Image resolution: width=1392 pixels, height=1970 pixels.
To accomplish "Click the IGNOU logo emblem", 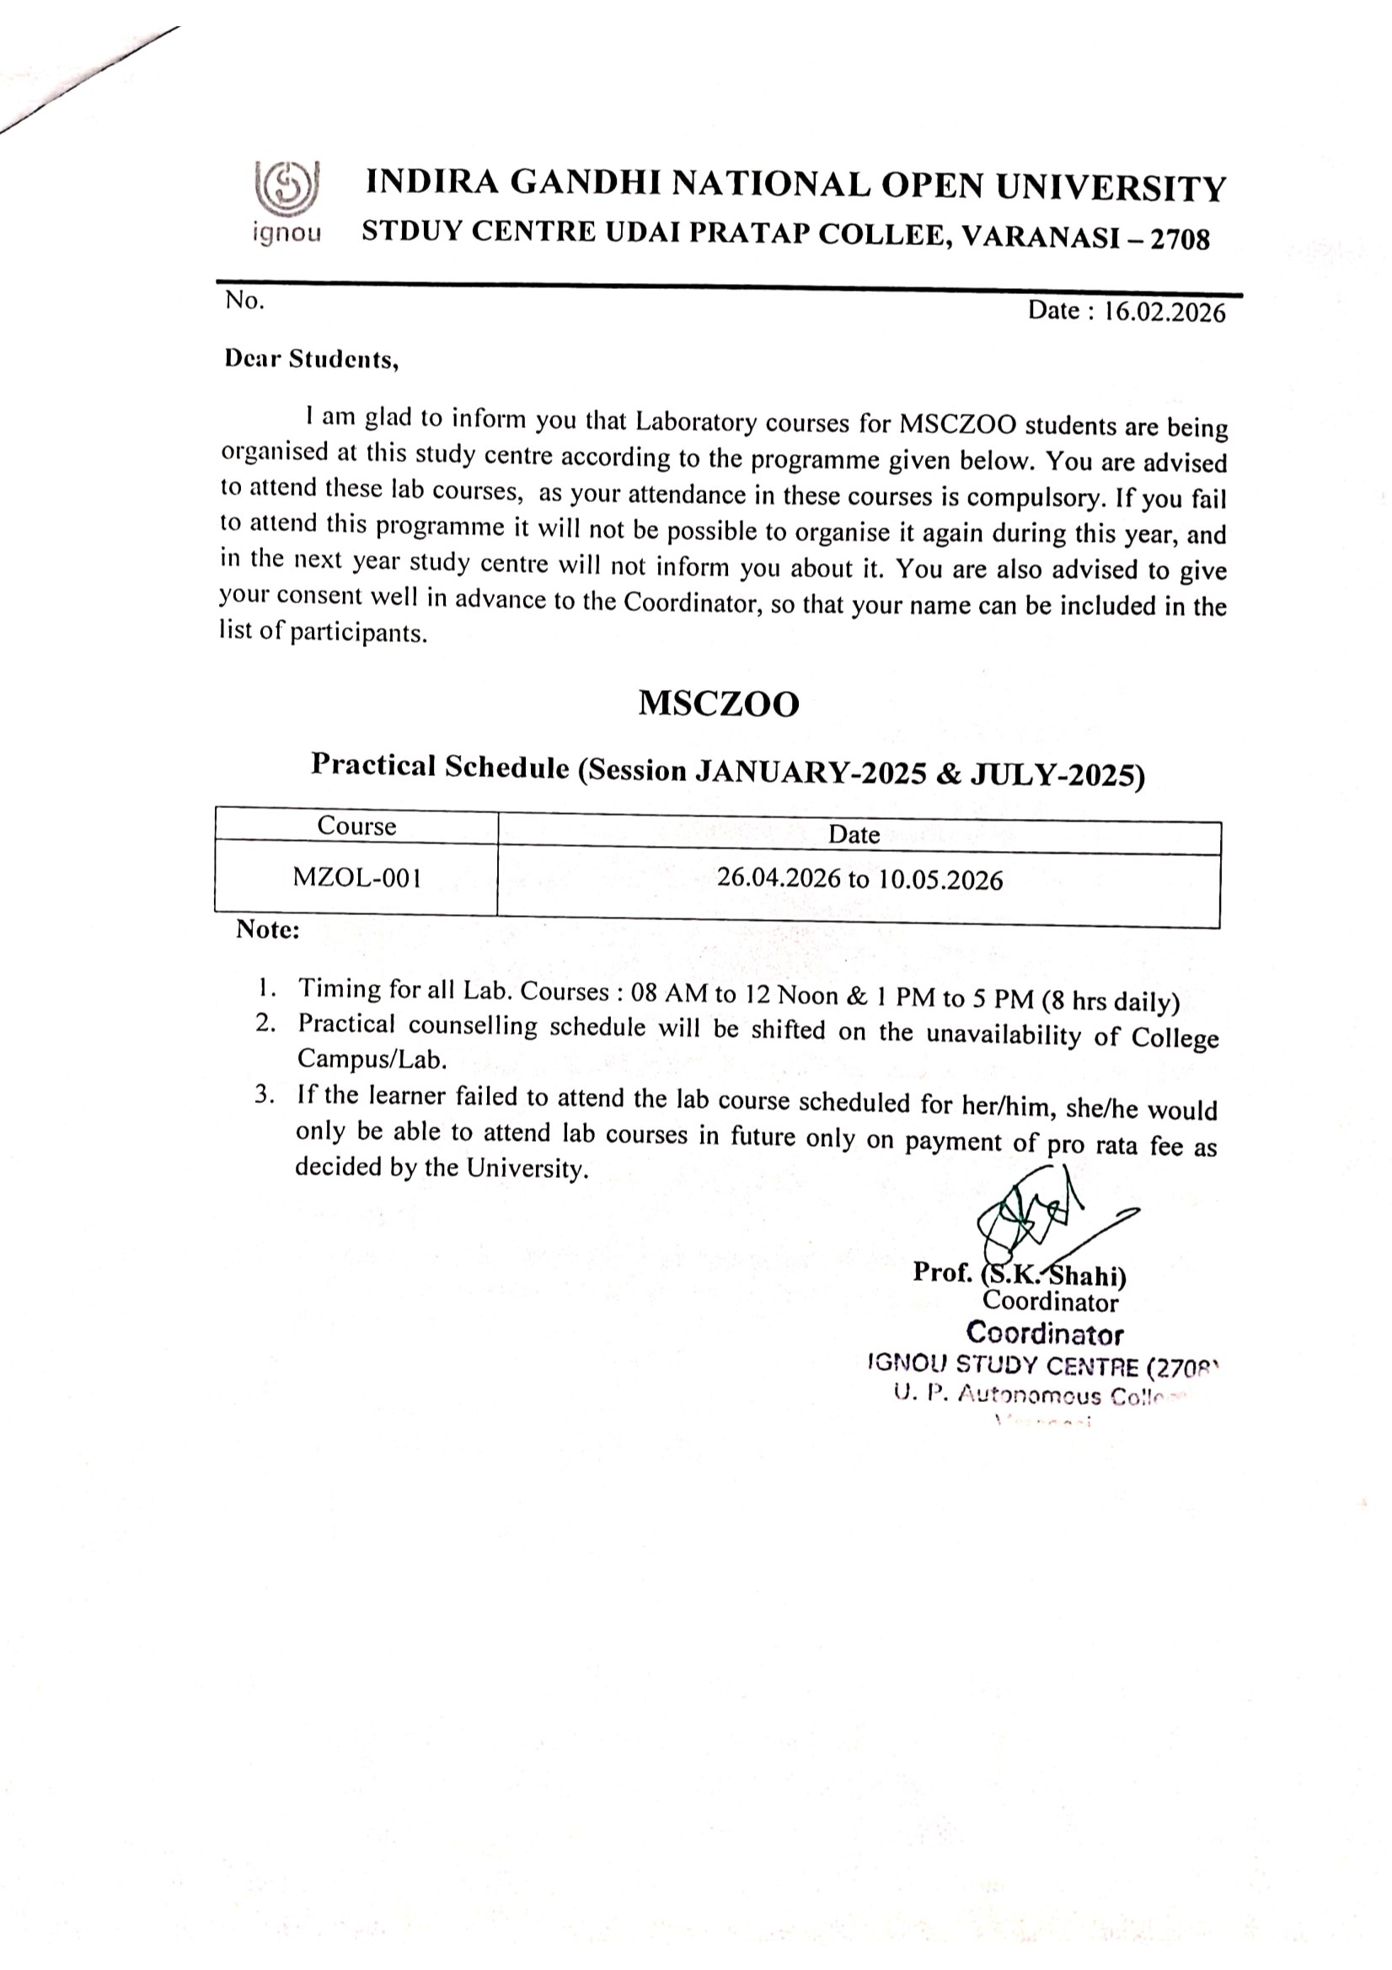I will pyautogui.click(x=286, y=187).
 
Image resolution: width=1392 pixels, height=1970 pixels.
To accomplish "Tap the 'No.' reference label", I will pyautogui.click(x=244, y=300).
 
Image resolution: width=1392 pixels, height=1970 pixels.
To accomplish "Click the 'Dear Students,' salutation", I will pyautogui.click(x=312, y=359).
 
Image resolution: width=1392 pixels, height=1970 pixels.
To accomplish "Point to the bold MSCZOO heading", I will pyautogui.click(x=718, y=704).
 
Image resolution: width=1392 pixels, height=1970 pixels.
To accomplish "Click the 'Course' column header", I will pyautogui.click(x=356, y=826).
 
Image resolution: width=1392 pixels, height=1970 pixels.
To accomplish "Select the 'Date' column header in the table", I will pyautogui.click(x=854, y=834).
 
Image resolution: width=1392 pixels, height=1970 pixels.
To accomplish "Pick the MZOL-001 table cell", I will pyautogui.click(x=356, y=877).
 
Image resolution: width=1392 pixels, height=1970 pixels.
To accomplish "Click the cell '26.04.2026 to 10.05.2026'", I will pyautogui.click(x=859, y=880).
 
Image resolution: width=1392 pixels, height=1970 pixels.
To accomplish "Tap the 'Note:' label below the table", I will pyautogui.click(x=268, y=930).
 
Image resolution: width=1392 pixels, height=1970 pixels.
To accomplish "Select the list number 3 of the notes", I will pyautogui.click(x=265, y=1095).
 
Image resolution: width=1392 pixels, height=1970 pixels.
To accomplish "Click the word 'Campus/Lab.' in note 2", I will pyautogui.click(x=372, y=1060).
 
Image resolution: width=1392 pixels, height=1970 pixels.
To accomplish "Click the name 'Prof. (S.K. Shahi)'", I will pyautogui.click(x=1019, y=1273).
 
